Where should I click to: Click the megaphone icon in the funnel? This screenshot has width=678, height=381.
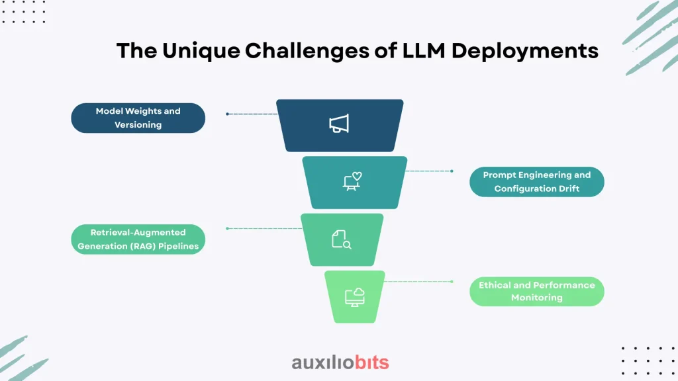point(339,124)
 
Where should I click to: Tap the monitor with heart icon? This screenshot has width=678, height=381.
point(352,181)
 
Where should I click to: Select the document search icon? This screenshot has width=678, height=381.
point(342,239)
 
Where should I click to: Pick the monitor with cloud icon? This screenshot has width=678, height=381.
point(355,297)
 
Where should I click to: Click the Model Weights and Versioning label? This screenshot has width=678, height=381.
point(138,118)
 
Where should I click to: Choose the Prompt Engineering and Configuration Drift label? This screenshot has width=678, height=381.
point(536,182)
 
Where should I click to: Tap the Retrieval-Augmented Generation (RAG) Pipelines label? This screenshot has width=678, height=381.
point(138,239)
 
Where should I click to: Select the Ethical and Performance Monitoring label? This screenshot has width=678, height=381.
point(536,292)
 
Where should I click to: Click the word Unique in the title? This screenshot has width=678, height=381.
point(201,51)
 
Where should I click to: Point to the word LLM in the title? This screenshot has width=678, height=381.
point(424,50)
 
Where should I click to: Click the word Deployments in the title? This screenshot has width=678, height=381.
point(525,52)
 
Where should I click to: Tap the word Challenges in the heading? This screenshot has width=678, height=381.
point(307,51)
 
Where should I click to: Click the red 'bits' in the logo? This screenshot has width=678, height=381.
point(372,362)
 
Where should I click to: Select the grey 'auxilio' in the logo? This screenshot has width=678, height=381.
point(323,363)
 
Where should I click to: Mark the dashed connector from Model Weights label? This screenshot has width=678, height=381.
point(252,114)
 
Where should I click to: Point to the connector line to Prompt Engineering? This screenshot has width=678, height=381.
point(429,171)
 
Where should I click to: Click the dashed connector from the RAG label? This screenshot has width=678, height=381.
point(264,228)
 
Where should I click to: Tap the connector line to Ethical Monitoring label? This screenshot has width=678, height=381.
point(418,282)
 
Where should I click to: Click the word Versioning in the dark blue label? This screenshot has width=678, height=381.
point(138,125)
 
